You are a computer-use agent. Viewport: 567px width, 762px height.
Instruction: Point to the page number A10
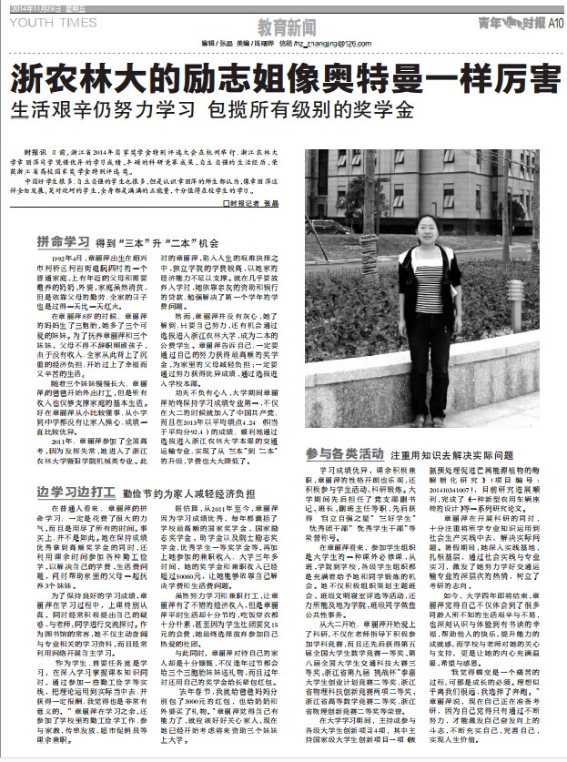pos(552,21)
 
